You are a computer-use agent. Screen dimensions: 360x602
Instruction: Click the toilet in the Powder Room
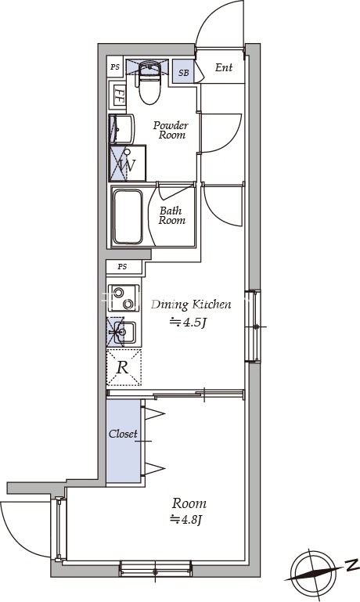pyautogui.click(x=149, y=82)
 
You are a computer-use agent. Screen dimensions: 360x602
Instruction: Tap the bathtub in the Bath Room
pyautogui.click(x=128, y=218)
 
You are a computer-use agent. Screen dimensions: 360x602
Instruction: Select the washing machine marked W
pyautogui.click(x=128, y=163)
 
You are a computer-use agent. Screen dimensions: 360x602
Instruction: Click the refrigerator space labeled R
pyautogui.click(x=124, y=367)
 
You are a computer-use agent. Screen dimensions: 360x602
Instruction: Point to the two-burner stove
pyautogui.click(x=124, y=298)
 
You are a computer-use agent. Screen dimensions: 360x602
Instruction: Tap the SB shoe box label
pyautogui.click(x=184, y=72)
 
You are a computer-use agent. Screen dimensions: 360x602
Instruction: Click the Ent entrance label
pyautogui.click(x=224, y=67)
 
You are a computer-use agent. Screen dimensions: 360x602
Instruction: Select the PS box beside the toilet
pyautogui.click(x=116, y=67)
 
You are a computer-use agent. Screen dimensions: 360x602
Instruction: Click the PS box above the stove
pyautogui.click(x=122, y=266)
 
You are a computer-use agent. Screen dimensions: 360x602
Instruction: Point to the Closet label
pyautogui.click(x=123, y=434)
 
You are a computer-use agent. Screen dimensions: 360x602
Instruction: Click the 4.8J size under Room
pyautogui.click(x=186, y=520)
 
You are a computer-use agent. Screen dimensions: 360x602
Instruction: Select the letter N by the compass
pyautogui.click(x=350, y=565)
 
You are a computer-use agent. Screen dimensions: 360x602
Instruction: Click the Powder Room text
pyautogui.click(x=171, y=130)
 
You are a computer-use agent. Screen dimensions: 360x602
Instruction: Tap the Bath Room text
pyautogui.click(x=172, y=215)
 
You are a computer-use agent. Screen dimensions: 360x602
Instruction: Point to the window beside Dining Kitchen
pyautogui.click(x=253, y=326)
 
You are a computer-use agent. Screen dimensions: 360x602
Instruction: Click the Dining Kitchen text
pyautogui.click(x=191, y=305)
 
